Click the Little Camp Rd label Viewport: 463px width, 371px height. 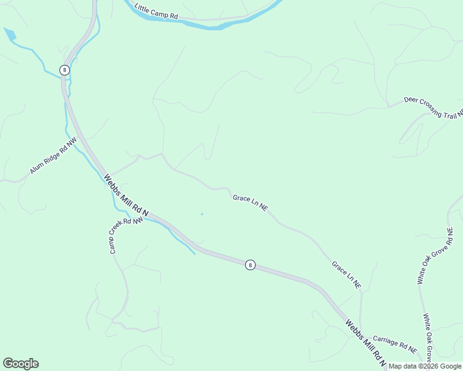156,13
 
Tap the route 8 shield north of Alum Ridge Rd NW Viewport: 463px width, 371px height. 64,70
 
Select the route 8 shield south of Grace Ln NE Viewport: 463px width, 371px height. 249,265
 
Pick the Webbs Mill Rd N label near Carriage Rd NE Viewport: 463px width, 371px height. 365,343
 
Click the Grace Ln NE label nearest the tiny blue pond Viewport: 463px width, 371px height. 250,203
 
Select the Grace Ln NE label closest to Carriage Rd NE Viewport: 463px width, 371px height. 346,275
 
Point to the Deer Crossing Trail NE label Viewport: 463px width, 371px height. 433,107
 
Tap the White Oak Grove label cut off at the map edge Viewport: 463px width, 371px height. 428,338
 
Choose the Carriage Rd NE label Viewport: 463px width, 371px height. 395,344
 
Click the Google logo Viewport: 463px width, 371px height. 20,364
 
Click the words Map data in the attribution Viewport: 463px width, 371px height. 403,366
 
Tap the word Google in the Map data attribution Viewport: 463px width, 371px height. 450,366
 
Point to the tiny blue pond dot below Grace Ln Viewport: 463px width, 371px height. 201,215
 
